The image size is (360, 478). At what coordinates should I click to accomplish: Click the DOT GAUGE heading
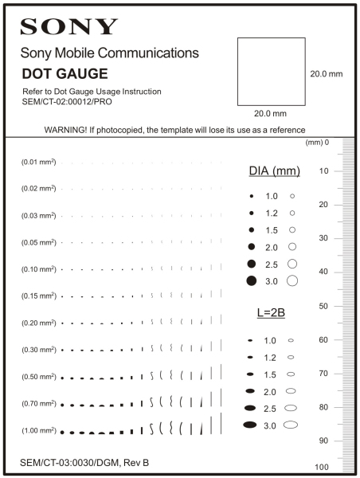tap(65, 73)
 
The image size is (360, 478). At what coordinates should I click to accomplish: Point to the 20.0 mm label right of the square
tap(326, 73)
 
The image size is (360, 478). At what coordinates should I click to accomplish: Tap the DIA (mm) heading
tap(269, 171)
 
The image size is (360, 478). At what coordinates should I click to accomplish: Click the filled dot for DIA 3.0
tap(251, 280)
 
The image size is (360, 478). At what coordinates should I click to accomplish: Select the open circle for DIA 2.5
tap(292, 263)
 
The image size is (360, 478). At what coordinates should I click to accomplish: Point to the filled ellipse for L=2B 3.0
tap(251, 425)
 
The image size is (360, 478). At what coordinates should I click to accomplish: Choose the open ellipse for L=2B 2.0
tap(291, 391)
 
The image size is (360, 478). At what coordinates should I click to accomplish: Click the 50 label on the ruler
tap(324, 306)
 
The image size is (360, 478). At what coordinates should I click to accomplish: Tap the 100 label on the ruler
tap(322, 467)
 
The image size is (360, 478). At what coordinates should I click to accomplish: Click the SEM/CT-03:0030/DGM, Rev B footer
tap(85, 462)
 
